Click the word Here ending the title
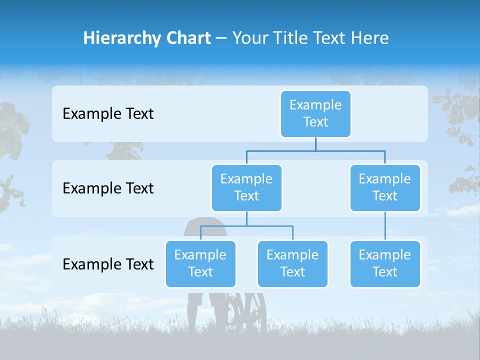point(371,38)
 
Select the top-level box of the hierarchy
point(315,113)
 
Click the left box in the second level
point(246,187)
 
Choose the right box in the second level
point(385,187)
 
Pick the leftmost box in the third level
point(200,263)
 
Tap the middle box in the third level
point(292,263)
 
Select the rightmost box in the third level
point(385,263)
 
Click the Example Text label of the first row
point(108,114)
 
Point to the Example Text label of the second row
point(108,188)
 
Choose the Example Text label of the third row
point(108,264)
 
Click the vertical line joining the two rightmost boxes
point(385,226)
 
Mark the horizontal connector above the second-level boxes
point(315,150)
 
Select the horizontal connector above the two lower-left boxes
point(246,226)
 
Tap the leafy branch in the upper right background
point(457,107)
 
